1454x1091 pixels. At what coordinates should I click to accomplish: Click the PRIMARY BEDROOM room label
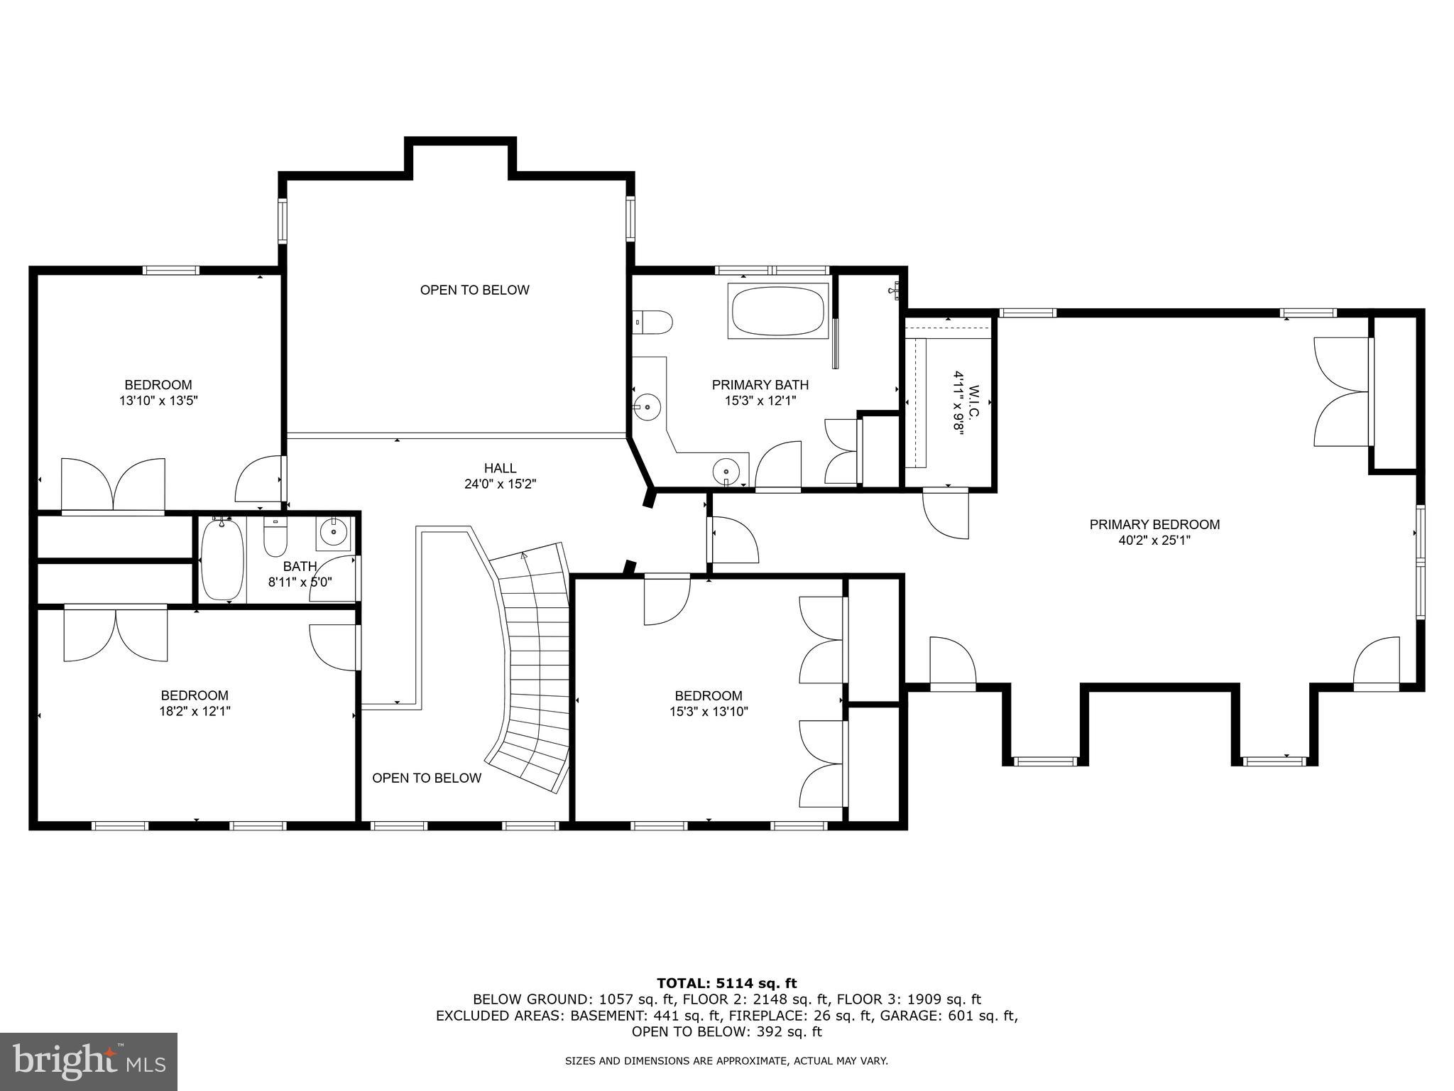click(1154, 525)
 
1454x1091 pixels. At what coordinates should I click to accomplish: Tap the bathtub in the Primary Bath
click(778, 311)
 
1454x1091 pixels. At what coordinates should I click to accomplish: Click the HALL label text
click(500, 468)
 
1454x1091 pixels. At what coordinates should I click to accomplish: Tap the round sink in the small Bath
click(333, 531)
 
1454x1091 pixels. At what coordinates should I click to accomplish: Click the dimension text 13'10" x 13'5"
click(158, 401)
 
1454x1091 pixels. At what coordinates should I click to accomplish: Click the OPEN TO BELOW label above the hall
click(474, 290)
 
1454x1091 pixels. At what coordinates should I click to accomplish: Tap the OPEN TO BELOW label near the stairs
click(427, 778)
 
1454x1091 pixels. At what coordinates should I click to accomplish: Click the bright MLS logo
click(88, 1062)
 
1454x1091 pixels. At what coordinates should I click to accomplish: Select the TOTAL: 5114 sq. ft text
click(726, 984)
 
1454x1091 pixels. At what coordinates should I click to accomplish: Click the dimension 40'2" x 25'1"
click(1154, 541)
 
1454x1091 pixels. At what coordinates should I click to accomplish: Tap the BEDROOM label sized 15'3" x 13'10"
click(708, 696)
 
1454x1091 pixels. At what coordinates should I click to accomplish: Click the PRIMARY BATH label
click(760, 385)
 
